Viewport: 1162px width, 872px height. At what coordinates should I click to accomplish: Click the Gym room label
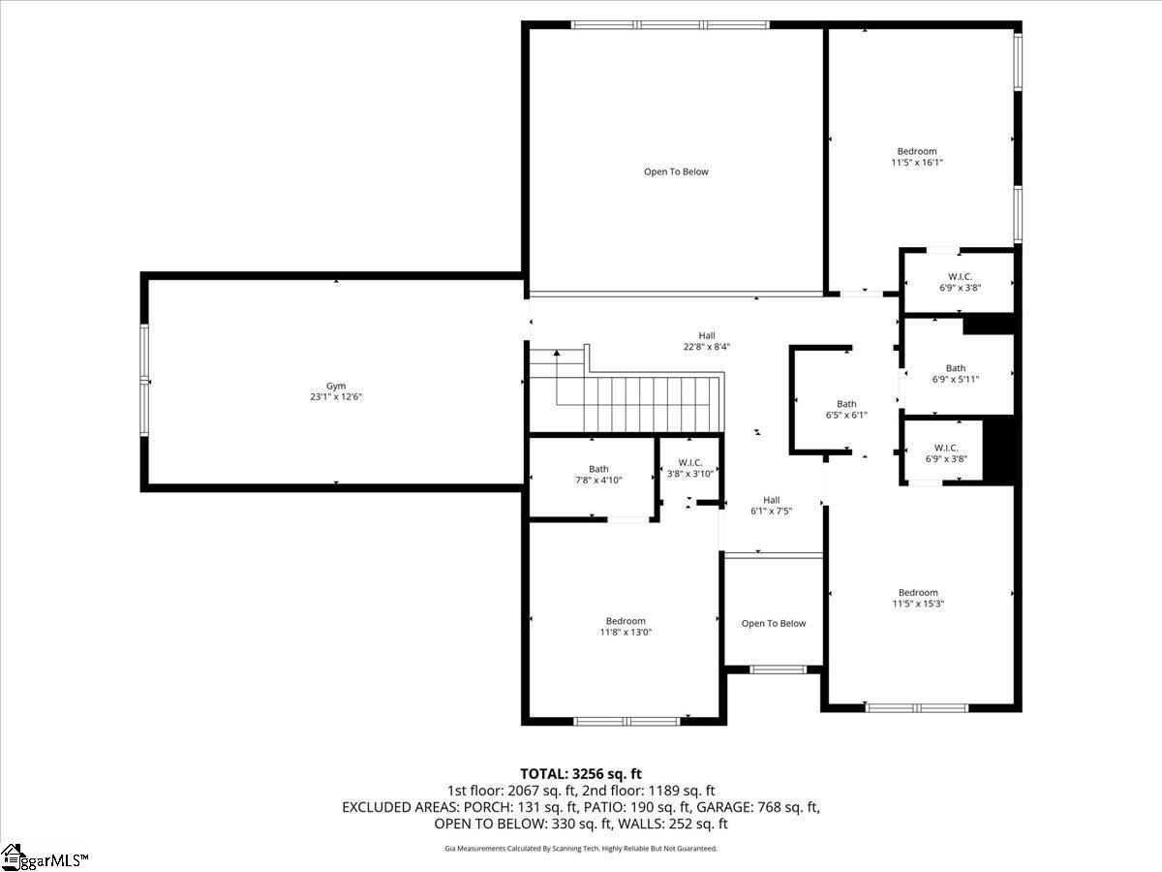(x=336, y=386)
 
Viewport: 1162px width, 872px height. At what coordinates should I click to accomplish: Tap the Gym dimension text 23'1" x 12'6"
(x=336, y=396)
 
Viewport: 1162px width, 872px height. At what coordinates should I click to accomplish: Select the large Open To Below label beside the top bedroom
(x=676, y=171)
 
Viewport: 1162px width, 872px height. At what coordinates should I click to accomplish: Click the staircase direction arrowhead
(x=557, y=353)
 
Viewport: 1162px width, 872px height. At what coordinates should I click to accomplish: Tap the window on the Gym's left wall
(x=144, y=381)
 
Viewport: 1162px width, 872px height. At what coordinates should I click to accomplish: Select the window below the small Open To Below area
(x=778, y=670)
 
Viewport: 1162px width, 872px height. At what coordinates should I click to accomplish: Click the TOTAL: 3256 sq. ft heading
(x=581, y=773)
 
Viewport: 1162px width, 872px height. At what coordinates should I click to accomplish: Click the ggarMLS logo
(x=44, y=857)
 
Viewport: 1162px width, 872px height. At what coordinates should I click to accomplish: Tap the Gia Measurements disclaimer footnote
(x=581, y=848)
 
